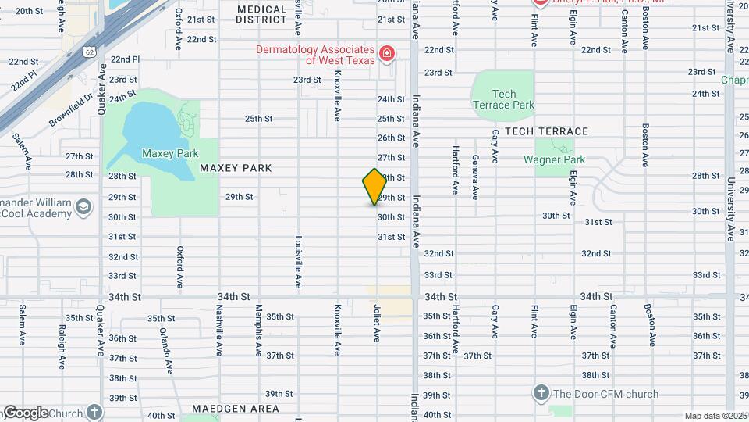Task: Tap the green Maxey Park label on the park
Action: coord(170,153)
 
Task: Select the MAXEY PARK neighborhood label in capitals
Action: coord(235,168)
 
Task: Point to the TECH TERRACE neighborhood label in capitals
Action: coord(546,131)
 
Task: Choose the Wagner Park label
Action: coord(555,159)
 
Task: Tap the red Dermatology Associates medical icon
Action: coord(386,53)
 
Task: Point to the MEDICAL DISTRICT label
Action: coord(262,14)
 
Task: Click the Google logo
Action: coord(25,412)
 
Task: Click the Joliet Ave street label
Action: coord(377,323)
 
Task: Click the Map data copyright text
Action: coord(715,416)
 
